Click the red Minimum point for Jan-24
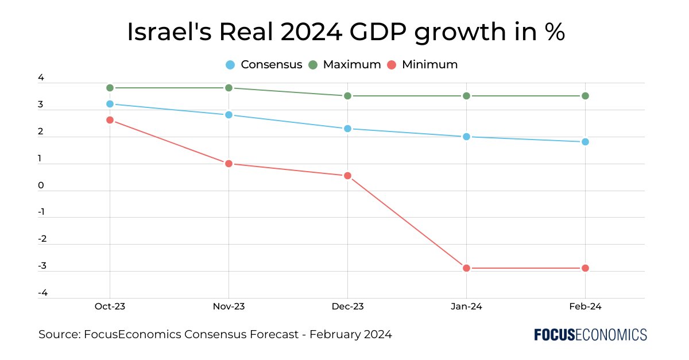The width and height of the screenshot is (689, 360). point(466,268)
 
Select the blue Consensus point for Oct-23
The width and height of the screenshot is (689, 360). point(110,104)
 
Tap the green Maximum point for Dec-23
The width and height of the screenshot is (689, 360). point(347,96)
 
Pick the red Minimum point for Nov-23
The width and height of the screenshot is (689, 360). point(229,164)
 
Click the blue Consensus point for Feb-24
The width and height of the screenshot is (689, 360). point(585,142)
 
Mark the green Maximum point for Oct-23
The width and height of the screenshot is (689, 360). point(110,88)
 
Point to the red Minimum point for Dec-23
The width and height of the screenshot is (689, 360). point(347,176)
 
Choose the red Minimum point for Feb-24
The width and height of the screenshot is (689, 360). point(585,268)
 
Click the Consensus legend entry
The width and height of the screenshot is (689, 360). point(264,64)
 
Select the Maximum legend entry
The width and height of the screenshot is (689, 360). point(345,64)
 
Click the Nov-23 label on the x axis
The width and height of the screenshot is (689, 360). point(229,307)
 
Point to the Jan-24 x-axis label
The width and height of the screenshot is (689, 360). point(466,307)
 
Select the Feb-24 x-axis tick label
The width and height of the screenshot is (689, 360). point(585,307)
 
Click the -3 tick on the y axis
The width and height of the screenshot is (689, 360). point(42,266)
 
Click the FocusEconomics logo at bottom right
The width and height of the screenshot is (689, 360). point(590,335)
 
